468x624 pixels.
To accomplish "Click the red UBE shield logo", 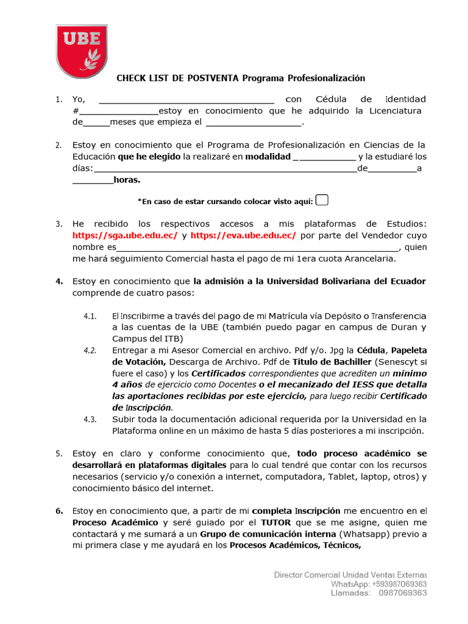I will click(x=81, y=51).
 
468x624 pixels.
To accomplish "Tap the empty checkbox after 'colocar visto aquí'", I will click(x=322, y=200).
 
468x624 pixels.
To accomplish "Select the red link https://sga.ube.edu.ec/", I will click(x=125, y=235).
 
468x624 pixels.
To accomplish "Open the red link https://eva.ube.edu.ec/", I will click(x=243, y=235).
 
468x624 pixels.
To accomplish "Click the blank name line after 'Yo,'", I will click(x=186, y=99).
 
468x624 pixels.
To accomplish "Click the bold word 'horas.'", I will click(x=127, y=180).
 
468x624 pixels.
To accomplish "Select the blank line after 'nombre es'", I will click(x=257, y=247).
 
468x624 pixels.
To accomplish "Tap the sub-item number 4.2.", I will click(x=90, y=350).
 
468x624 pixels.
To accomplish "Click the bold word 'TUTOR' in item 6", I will click(x=276, y=523).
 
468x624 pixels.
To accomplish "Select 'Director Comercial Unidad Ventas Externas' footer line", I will click(x=350, y=575).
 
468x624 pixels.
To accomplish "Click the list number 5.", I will click(x=58, y=453).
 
